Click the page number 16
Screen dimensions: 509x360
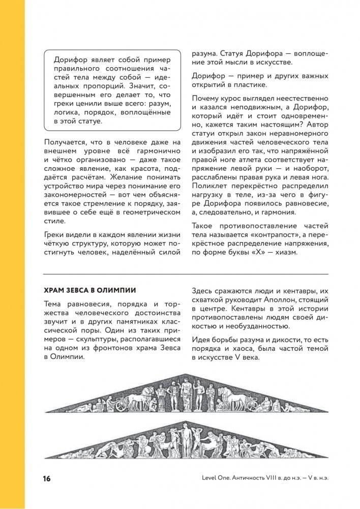click(47, 478)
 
